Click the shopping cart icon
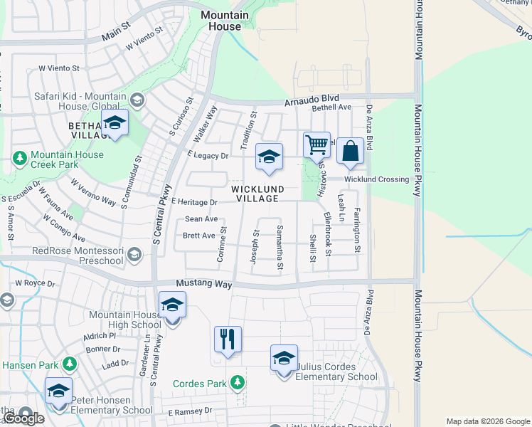point(316,144)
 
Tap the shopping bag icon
point(350,150)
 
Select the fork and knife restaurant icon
point(228,339)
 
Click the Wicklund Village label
point(257,194)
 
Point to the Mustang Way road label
point(204,283)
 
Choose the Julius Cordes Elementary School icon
point(284,358)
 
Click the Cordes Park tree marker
point(238,383)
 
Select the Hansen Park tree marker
point(69,365)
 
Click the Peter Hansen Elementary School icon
point(58,391)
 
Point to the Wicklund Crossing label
point(376,179)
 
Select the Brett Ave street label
point(198,236)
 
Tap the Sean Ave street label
point(201,219)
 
